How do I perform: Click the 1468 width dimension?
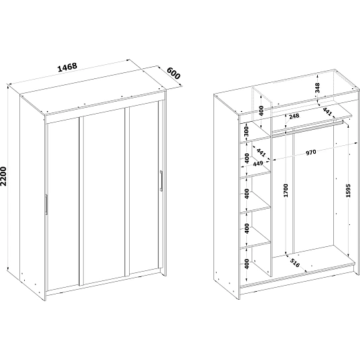click(68, 67)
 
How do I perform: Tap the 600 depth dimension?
click(173, 73)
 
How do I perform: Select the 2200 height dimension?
click(3, 176)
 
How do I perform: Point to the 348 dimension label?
click(317, 88)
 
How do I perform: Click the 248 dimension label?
click(294, 116)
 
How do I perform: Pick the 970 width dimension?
click(311, 152)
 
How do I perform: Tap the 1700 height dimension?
click(286, 190)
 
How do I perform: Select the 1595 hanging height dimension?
click(349, 190)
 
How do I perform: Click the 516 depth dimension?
click(295, 263)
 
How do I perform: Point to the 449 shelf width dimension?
click(258, 164)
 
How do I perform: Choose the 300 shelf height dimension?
click(247, 131)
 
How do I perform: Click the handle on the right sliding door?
click(161, 181)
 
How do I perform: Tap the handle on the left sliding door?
click(47, 204)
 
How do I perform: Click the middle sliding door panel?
click(104, 197)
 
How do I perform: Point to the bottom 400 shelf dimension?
click(247, 264)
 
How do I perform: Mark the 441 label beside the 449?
click(261, 153)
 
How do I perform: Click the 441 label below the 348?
click(327, 112)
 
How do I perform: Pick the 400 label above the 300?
click(261, 110)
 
